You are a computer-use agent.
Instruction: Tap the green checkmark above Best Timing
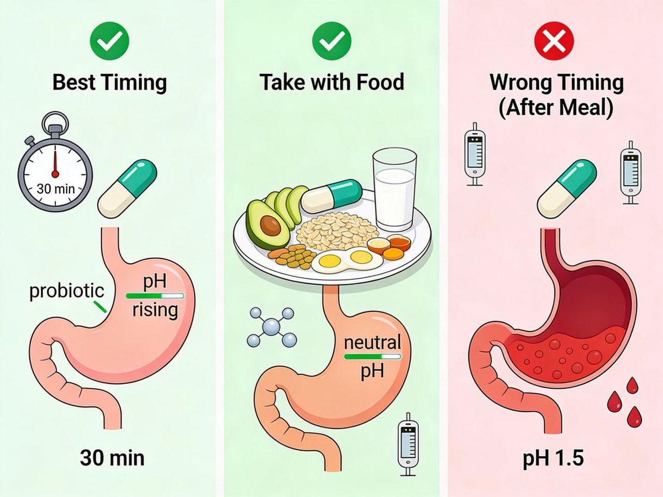tap(109, 40)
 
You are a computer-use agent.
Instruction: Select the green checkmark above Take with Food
tap(332, 40)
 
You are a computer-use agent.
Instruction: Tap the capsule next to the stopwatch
tap(127, 188)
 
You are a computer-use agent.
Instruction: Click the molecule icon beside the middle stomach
tap(272, 327)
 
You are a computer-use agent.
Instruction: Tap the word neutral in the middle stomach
tap(372, 343)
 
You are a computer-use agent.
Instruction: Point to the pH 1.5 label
tap(553, 458)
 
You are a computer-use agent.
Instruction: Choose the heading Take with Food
tap(332, 82)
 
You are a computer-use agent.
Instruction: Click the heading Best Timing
tap(109, 82)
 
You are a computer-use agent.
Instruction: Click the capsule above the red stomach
tap(567, 188)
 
